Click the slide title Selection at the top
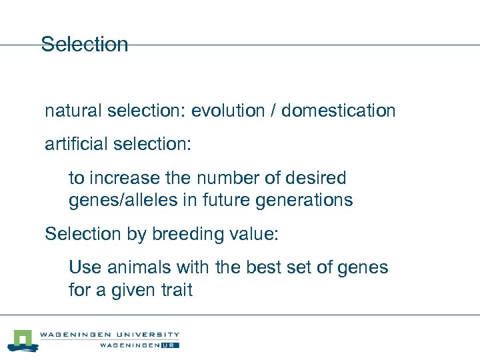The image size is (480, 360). point(84,45)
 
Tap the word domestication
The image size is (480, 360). point(338,111)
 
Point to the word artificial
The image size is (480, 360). point(73,145)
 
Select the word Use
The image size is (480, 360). point(83,268)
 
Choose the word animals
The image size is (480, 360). point(137,268)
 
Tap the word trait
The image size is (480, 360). point(175,290)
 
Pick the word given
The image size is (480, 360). point(131,291)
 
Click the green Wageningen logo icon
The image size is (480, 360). point(23,339)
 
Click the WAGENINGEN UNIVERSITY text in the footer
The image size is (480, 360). point(109,335)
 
